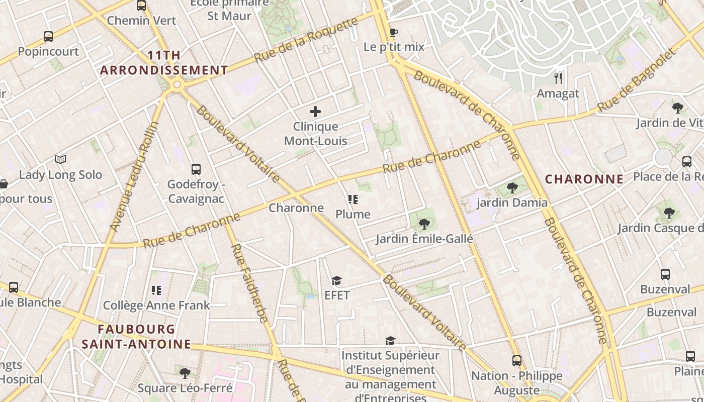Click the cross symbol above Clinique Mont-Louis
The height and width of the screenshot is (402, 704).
pos(315,112)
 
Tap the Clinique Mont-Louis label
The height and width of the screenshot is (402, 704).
pos(316,134)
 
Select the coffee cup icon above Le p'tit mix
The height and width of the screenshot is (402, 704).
pos(394,33)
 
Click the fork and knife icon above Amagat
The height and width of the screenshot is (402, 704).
pos(558,78)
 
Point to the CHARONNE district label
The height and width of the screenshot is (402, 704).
pos(584,179)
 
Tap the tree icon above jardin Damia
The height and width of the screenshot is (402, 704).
pos(512,188)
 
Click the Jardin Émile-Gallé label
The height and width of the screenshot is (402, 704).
pos(424,239)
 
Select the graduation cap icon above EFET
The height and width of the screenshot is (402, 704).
pos(336,280)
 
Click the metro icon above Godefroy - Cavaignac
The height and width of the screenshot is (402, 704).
pos(196,169)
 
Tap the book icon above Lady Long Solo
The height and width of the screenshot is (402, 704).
pos(60,160)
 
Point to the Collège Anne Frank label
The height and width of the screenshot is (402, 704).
pos(156,306)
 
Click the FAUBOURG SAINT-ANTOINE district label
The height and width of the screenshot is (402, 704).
pos(136,337)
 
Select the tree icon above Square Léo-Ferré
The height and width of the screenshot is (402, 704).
pos(185,373)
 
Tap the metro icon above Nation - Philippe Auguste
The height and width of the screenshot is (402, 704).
pos(516,360)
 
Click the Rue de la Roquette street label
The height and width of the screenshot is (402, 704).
pos(307,40)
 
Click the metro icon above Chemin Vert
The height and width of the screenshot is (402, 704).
pos(141,6)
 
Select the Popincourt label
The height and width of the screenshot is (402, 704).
pos(48,52)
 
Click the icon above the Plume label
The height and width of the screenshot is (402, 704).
pos(353,199)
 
